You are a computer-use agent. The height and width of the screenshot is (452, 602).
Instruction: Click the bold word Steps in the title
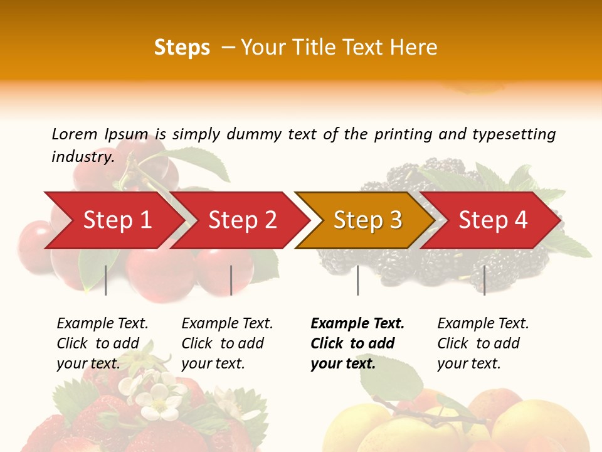pos(182,48)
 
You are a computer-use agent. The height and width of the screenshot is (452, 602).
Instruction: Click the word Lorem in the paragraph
pos(74,134)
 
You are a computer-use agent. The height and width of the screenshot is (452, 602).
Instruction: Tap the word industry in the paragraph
pos(82,156)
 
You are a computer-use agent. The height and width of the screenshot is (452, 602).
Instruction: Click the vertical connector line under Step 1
pos(106,280)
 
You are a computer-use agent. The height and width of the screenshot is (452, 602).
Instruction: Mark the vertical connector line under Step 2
pos(231,280)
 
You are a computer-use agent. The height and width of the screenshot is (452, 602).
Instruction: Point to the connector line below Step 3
pos(357,280)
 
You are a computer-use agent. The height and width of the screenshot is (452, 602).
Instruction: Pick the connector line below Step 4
pos(484,280)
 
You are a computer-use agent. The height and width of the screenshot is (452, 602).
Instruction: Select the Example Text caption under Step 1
pos(102,343)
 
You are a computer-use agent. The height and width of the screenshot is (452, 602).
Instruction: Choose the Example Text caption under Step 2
pos(227,343)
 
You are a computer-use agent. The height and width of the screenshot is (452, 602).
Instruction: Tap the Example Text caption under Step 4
pos(483,343)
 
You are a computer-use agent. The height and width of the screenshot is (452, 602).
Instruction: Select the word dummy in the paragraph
pos(255,134)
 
